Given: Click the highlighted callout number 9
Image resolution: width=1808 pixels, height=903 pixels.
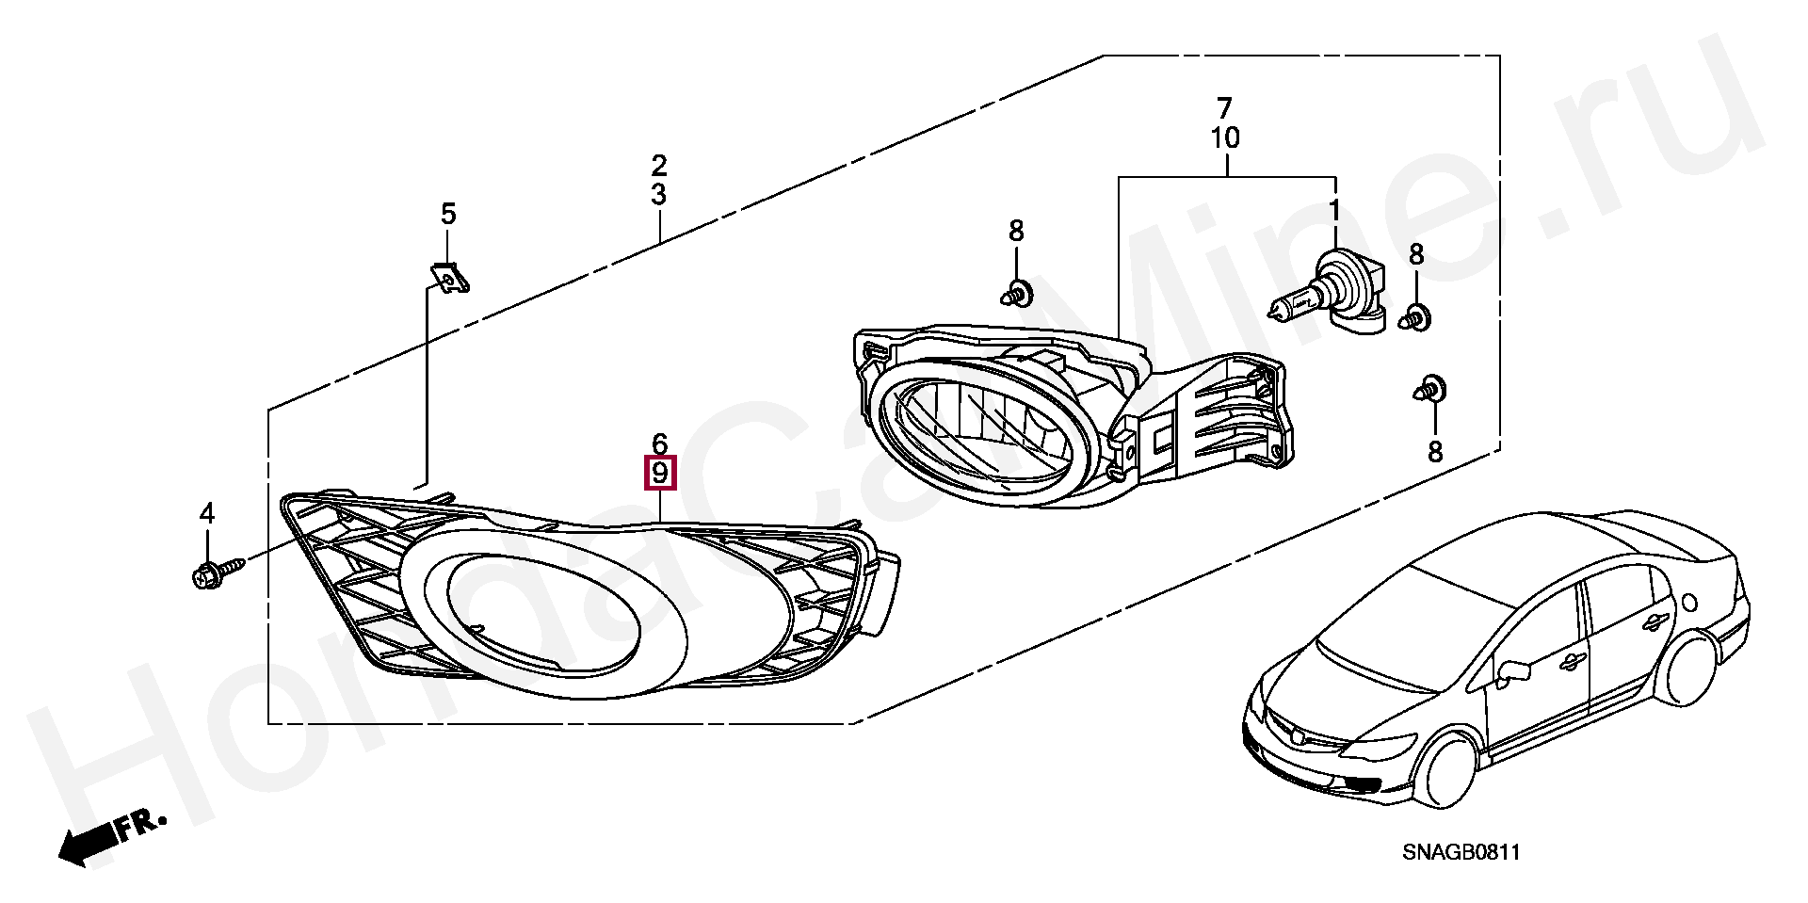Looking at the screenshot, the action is (659, 472).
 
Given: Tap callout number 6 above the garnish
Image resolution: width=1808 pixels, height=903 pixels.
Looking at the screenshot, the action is (659, 443).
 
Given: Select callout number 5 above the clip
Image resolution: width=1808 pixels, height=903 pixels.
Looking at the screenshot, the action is (448, 215).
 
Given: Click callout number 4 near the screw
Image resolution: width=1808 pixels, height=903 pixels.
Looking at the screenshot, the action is (207, 513).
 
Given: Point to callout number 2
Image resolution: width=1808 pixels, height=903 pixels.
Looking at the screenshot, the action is (659, 166).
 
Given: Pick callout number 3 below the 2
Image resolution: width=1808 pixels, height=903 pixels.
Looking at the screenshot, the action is (659, 195).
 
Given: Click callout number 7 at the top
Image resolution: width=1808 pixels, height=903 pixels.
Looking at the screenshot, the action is (1224, 107).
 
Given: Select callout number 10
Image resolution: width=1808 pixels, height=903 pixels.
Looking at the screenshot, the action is (1224, 138).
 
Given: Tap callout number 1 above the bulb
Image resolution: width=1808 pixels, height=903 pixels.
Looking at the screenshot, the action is (1334, 209).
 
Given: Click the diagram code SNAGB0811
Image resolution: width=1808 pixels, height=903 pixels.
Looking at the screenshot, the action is (1461, 853).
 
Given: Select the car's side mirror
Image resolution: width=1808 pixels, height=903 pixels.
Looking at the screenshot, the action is (1511, 670).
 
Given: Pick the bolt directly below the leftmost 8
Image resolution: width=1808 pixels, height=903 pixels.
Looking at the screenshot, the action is (1016, 295).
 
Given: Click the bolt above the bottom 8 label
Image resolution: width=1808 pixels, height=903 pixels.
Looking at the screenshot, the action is (1431, 388).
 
